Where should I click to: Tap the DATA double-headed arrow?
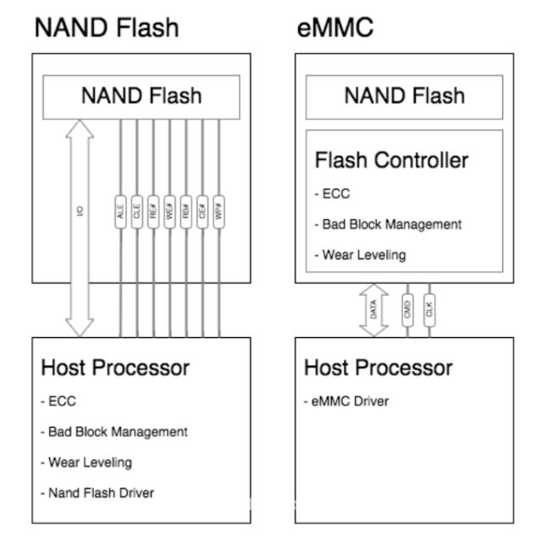374,309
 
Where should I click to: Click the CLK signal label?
429,309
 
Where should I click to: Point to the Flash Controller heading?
390,160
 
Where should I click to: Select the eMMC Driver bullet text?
347,401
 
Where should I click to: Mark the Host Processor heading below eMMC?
378,368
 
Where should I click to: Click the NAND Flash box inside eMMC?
403,95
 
